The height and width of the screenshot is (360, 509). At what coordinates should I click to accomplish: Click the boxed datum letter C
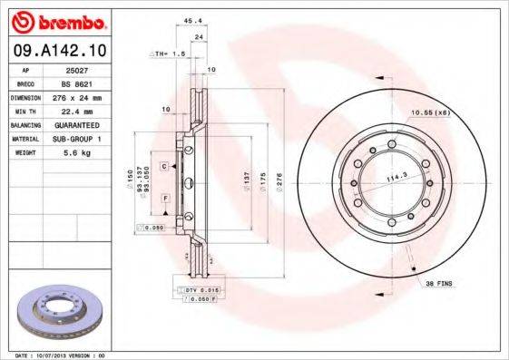165,167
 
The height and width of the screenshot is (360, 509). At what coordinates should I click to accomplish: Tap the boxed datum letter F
165,197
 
